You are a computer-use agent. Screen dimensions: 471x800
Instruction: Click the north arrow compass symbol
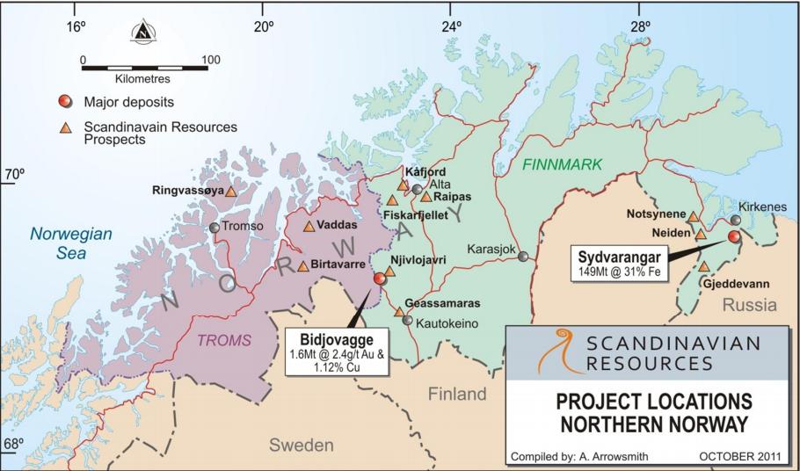click(142, 33)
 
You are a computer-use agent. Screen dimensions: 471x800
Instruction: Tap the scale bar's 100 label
click(210, 61)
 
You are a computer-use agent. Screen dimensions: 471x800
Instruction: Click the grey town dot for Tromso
click(214, 228)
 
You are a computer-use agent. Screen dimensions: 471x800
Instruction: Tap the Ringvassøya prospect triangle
click(230, 191)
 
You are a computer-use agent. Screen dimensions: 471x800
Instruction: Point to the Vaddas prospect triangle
click(309, 226)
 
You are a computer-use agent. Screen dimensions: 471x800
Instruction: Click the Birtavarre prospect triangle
click(302, 265)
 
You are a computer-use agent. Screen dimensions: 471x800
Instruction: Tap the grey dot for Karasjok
click(523, 257)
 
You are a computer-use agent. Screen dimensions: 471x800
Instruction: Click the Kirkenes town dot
click(736, 220)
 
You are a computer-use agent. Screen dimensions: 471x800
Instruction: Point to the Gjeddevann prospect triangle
click(703, 265)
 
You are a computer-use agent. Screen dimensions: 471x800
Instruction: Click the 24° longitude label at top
click(451, 27)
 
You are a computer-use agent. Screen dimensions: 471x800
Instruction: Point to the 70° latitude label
click(14, 174)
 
